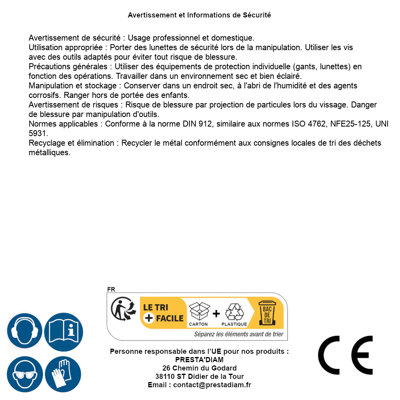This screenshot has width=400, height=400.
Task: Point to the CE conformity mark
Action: [345, 355]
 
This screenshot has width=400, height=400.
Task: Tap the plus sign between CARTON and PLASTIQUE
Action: [216, 314]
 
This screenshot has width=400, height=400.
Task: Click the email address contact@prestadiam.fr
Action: [212, 385]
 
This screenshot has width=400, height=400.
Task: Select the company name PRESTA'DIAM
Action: [199, 360]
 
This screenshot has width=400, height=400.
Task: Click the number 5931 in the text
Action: [38, 133]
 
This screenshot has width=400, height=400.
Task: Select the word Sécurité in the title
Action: [257, 15]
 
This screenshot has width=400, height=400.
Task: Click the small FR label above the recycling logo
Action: [111, 290]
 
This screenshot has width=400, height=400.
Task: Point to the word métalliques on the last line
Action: [49, 152]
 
